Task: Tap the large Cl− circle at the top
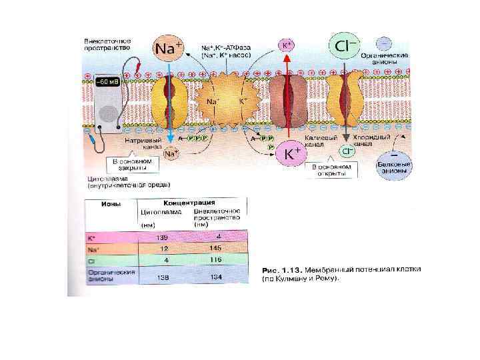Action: click(345, 47)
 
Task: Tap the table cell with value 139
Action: click(161, 237)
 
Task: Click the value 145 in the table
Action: click(215, 248)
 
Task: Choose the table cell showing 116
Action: click(215, 259)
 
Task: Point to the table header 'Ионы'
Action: click(110, 204)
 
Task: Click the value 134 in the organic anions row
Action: click(215, 276)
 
